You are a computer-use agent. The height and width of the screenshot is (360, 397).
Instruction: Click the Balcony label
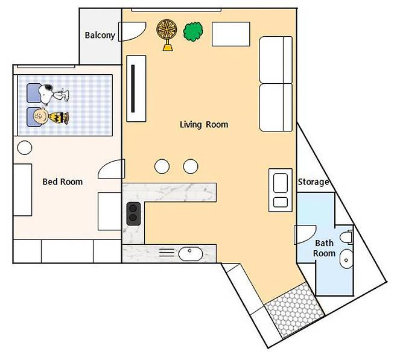pos(100,35)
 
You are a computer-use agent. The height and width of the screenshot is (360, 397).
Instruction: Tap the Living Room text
pos(204,124)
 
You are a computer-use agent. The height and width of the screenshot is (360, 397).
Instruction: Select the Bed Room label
pos(63,182)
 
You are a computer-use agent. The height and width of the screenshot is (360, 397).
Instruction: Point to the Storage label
pos(314,182)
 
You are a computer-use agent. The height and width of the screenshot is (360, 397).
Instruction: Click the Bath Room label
pos(324,248)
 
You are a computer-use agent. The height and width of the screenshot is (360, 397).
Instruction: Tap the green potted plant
pos(193,31)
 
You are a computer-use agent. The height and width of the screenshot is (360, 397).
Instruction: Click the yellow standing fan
pos(167,35)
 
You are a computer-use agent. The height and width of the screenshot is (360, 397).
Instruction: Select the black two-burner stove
pos(133,214)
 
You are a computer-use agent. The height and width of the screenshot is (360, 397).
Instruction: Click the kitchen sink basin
pos(191,254)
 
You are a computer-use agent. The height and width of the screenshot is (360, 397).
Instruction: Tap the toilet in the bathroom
pos(346,238)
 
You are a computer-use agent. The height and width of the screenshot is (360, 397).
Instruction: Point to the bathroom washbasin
pos(346,259)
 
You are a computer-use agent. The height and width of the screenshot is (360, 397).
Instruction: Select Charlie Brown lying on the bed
pos(51,116)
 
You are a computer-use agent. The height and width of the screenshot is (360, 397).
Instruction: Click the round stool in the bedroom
pos(25,148)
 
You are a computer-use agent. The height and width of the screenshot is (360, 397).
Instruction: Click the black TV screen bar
pos(133,89)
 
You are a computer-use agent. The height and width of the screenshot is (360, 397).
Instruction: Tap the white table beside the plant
pos(231,34)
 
